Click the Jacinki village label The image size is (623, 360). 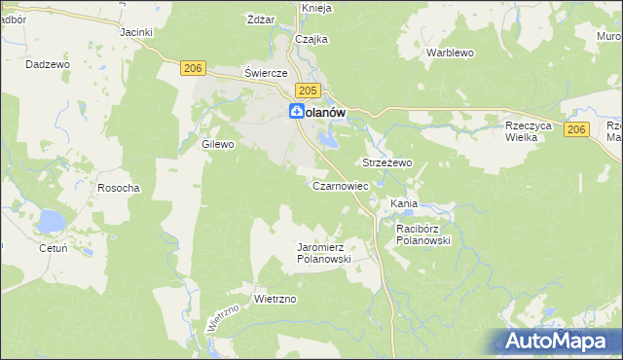tap(136, 32)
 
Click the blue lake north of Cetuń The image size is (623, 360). tap(50, 223)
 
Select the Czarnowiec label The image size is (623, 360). tap(340, 185)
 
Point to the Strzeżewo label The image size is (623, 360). tap(387, 162)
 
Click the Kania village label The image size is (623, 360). tap(404, 203)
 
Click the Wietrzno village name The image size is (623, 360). tap(274, 299)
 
